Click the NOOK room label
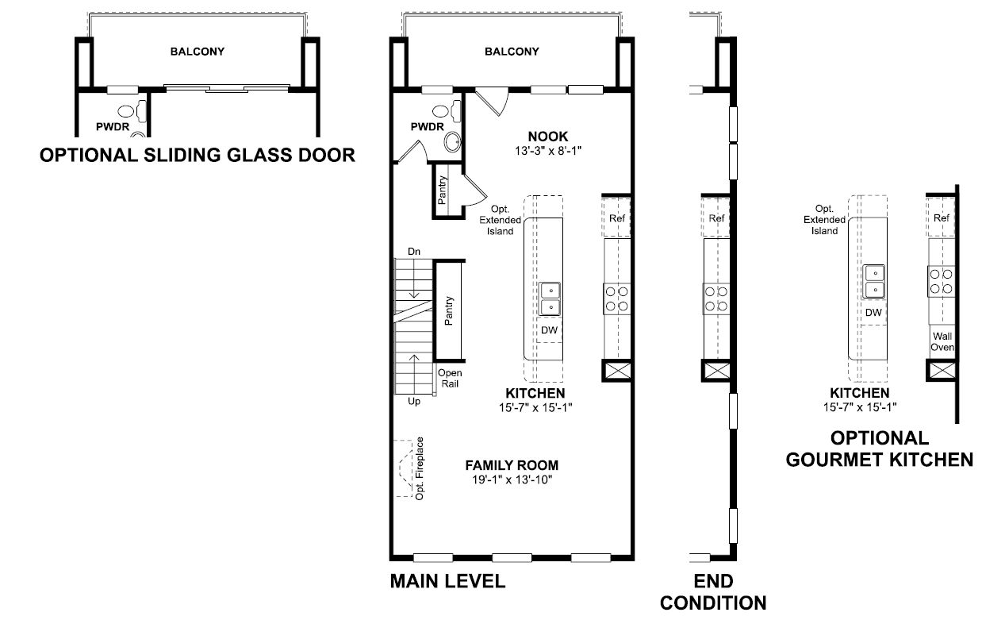click(547, 137)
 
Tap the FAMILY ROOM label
click(512, 465)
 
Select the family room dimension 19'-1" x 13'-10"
click(512, 479)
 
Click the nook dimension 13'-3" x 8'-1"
click(548, 151)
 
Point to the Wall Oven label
click(942, 342)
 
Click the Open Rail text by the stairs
click(450, 378)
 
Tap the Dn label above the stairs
click(414, 252)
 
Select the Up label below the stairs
click(414, 401)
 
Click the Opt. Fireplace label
click(420, 468)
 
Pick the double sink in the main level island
click(550, 298)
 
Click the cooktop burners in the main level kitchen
click(617, 298)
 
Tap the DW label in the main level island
click(549, 330)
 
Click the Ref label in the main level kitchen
click(617, 218)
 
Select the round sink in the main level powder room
click(452, 142)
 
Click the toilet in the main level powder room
click(449, 111)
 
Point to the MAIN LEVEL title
click(447, 581)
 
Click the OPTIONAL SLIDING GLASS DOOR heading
click(198, 156)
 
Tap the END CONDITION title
click(713, 592)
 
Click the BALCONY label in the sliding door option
click(198, 52)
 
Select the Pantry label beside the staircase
click(448, 310)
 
